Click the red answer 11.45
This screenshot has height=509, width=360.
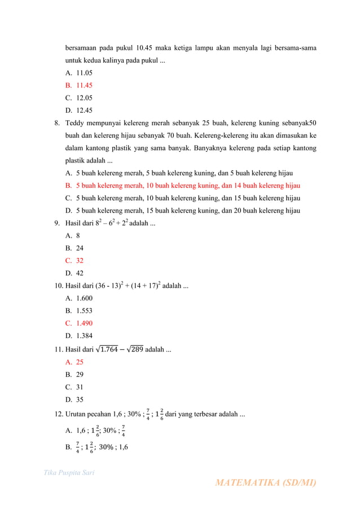pos(84,85)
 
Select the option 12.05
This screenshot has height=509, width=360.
pos(84,98)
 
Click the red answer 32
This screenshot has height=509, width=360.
pos(80,261)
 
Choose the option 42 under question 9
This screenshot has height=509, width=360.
pos(80,273)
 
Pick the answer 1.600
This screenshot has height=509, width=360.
pos(84,298)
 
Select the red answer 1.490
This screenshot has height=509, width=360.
pos(84,323)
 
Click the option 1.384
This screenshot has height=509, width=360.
pos(84,336)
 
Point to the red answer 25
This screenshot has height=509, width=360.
pos(80,362)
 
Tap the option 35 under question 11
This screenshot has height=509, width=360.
pos(80,400)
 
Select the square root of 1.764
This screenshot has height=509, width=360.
pos(107,349)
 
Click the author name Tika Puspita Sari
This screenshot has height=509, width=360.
pos(69,472)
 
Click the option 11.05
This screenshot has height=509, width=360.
pos(84,73)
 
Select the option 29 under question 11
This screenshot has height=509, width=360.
pos(80,375)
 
